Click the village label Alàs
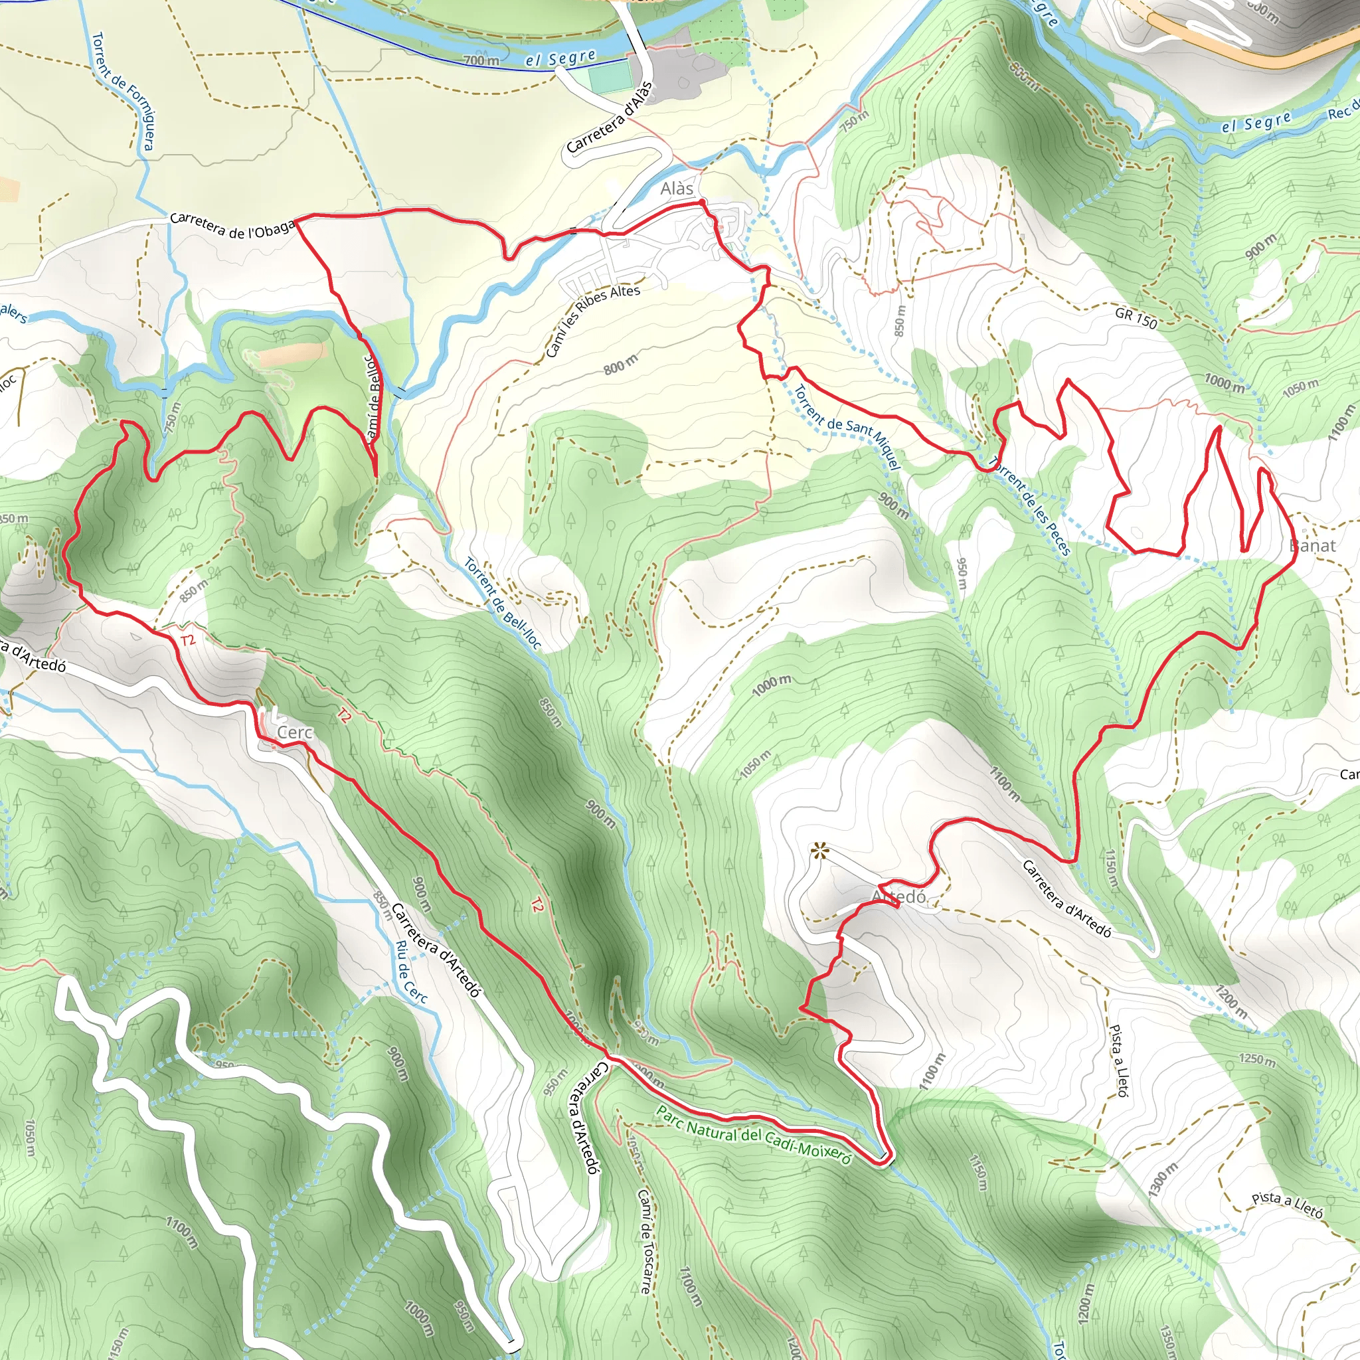(x=677, y=189)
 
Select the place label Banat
(x=1312, y=546)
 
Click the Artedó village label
(x=899, y=896)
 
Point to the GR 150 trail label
(x=1136, y=318)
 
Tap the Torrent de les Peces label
(x=1029, y=505)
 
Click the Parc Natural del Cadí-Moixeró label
(x=753, y=1134)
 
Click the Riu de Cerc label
(x=411, y=972)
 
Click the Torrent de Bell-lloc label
(x=503, y=603)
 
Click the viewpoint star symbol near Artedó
(x=819, y=851)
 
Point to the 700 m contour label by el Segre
(x=481, y=60)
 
